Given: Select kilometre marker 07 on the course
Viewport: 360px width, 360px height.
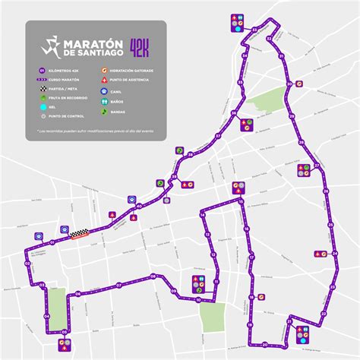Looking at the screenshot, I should pyautogui.click(x=119, y=285).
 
